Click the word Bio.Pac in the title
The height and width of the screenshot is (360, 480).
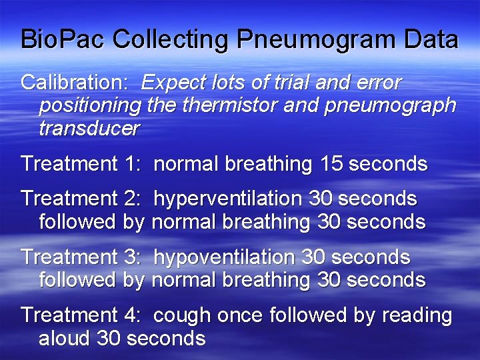click(x=63, y=39)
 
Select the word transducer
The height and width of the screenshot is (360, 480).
click(x=89, y=128)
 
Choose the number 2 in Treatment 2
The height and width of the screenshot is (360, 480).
click(x=130, y=199)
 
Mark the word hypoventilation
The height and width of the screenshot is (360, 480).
click(x=224, y=257)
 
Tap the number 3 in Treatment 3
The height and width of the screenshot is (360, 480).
click(x=130, y=257)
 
